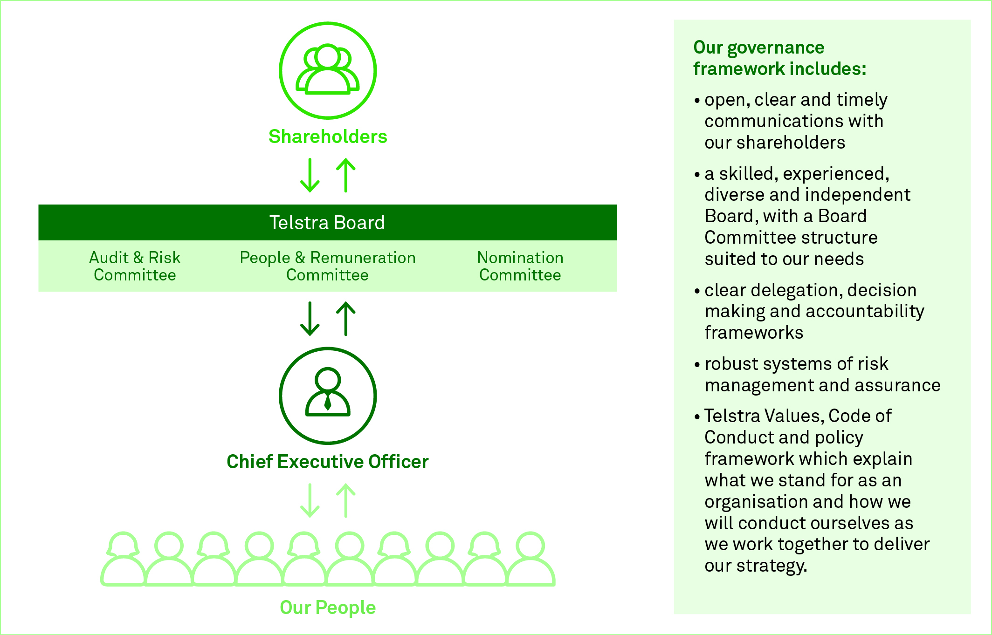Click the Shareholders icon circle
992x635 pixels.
[328, 70]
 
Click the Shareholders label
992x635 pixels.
[328, 137]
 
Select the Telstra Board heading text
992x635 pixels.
[327, 223]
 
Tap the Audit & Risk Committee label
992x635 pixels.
[135, 266]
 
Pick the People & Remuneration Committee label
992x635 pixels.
[327, 266]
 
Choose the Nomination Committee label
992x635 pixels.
[520, 266]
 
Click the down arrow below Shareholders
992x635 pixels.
[310, 175]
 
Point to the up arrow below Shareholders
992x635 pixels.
[346, 175]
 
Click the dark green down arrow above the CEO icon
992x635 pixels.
[310, 319]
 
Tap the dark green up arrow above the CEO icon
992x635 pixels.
[346, 319]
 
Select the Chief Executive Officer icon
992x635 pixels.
[328, 396]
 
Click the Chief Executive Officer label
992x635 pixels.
[327, 462]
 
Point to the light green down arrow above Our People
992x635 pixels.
[310, 501]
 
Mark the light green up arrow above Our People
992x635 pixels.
[346, 501]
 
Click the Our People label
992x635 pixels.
[328, 608]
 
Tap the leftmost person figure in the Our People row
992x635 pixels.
[123, 559]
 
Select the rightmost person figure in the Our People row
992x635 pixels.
[530, 559]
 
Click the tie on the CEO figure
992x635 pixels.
[328, 402]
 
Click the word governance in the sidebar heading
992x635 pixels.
[776, 48]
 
